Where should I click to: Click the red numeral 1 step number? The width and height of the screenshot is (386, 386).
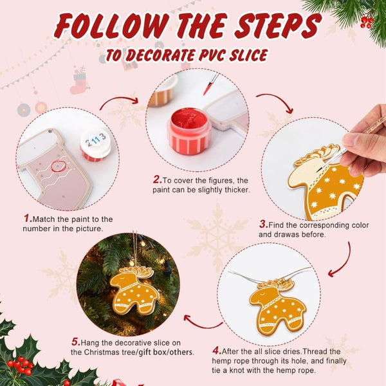point(28,219)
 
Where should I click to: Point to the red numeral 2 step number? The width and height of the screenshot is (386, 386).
point(156,179)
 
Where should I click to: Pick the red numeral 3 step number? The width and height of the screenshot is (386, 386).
point(263,224)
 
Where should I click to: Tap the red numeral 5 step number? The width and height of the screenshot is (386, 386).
point(75,341)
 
